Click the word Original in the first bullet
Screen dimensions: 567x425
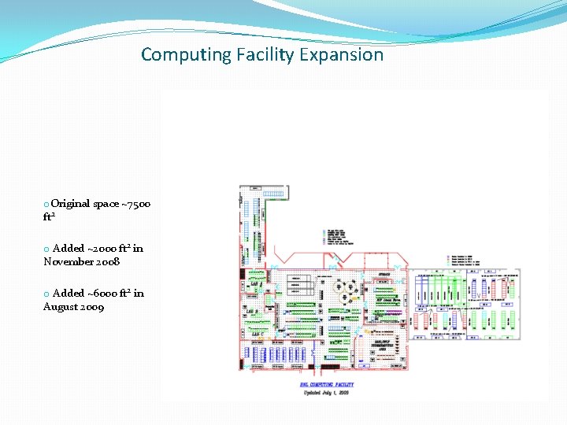(x=71, y=204)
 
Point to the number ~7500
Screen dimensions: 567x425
(x=136, y=204)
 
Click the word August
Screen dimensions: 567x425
(x=61, y=307)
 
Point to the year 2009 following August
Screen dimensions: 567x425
(x=94, y=307)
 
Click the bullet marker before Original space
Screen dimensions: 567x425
(x=46, y=205)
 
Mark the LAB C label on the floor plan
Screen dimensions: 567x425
(x=257, y=334)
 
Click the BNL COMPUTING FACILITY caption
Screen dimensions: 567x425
(x=327, y=384)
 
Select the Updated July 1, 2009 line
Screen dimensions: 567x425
(x=326, y=392)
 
